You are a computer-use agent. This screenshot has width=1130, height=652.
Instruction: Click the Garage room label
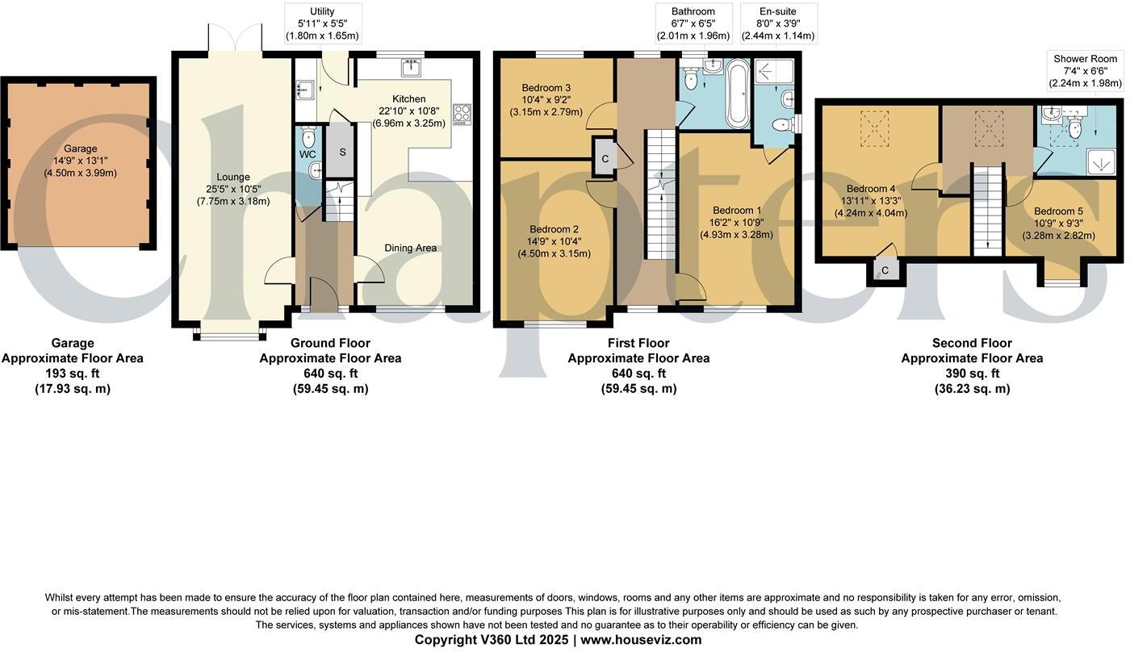pyautogui.click(x=81, y=148)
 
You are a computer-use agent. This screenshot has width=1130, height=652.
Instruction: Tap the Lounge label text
pyautogui.click(x=232, y=177)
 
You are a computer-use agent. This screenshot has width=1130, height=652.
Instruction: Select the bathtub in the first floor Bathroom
pyautogui.click(x=738, y=95)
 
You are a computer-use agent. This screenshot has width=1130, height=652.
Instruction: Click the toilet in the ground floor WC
pyautogui.click(x=307, y=136)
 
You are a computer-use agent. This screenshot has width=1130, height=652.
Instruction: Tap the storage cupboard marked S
pyautogui.click(x=341, y=152)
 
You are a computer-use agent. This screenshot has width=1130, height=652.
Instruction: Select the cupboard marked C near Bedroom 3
pyautogui.click(x=605, y=159)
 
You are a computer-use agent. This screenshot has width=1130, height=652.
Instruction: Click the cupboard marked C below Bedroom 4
pyautogui.click(x=885, y=270)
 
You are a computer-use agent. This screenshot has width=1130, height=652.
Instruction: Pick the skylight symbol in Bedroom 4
pyautogui.click(x=872, y=126)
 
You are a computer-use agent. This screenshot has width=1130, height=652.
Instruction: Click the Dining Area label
pyautogui.click(x=410, y=248)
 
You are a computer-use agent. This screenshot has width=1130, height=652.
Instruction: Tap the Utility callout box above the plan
pyautogui.click(x=322, y=23)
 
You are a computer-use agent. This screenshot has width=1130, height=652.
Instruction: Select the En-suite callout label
pyautogui.click(x=778, y=11)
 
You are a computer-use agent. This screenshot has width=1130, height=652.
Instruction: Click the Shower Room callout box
pyautogui.click(x=1085, y=71)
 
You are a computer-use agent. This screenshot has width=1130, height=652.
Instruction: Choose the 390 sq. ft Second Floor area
pyautogui.click(x=972, y=374)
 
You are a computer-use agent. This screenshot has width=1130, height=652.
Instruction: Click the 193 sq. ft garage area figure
pyautogui.click(x=73, y=374)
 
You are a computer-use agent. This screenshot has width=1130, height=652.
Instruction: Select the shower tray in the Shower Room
pyautogui.click(x=1099, y=162)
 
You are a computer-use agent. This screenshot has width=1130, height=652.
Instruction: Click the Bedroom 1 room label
pyautogui.click(x=736, y=210)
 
